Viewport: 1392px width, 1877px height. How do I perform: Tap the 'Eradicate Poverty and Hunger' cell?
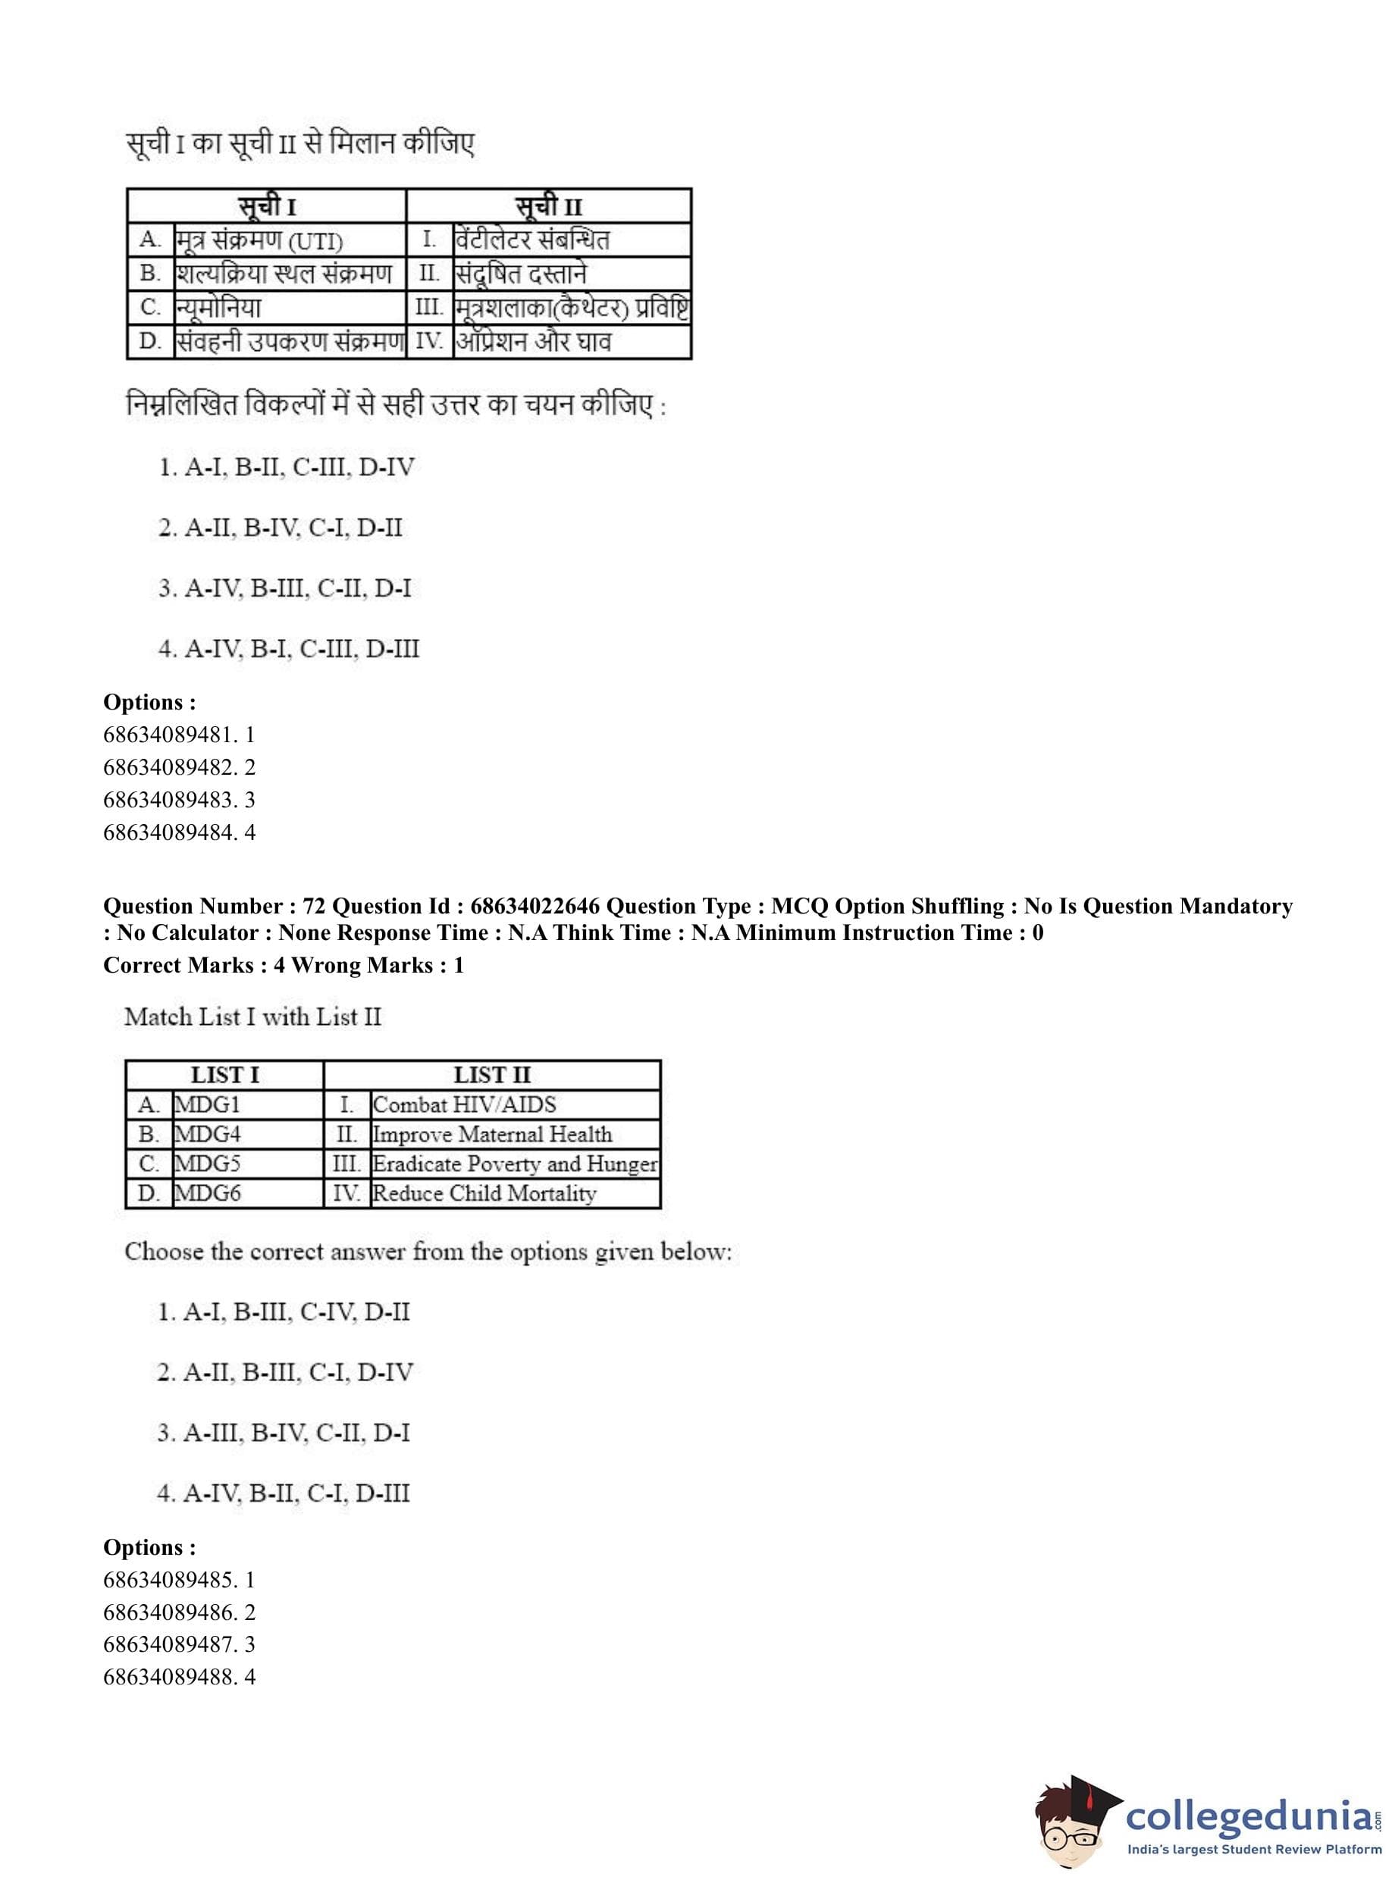click(x=514, y=1164)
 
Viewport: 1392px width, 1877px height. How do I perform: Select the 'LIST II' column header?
click(x=492, y=1075)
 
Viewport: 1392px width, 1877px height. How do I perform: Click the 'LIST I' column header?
click(x=225, y=1075)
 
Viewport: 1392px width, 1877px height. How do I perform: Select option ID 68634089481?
click(x=179, y=735)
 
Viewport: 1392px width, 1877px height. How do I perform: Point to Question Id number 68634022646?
click(x=535, y=907)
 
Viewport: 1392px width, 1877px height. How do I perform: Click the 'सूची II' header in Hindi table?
click(x=549, y=206)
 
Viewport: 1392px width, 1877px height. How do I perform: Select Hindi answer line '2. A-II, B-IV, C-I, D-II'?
click(x=281, y=528)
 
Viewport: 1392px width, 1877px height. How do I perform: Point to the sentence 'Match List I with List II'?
click(x=252, y=1017)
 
